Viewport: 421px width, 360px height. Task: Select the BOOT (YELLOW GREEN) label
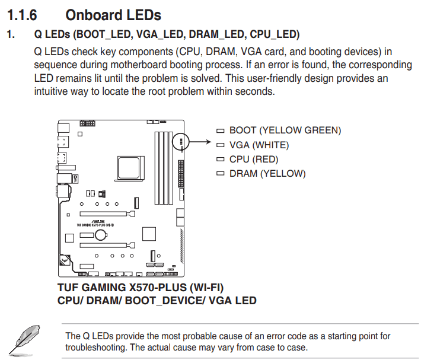click(285, 130)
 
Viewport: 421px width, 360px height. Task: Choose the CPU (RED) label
click(254, 159)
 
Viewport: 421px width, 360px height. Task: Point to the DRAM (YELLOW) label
click(267, 174)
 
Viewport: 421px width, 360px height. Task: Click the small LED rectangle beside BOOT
click(220, 130)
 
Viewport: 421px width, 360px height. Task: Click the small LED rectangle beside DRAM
click(220, 174)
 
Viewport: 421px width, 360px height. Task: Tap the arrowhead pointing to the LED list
click(209, 142)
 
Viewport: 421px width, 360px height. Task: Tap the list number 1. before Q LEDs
click(10, 35)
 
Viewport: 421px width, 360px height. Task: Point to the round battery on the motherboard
click(101, 235)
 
